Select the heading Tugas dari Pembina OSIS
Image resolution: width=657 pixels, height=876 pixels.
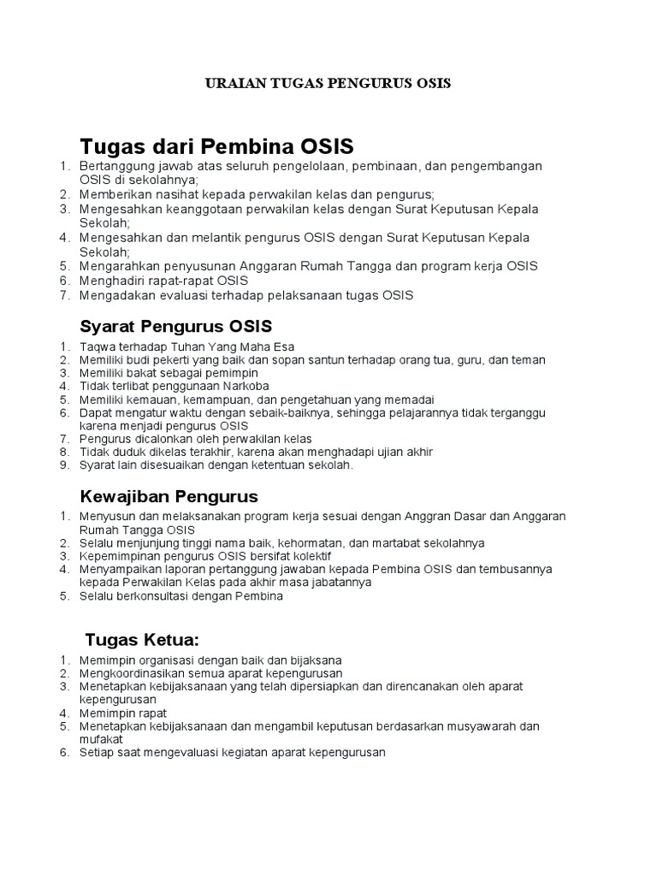tap(216, 145)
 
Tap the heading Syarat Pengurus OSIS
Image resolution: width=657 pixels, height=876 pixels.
tap(175, 326)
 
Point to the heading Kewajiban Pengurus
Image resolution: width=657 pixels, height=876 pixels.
tap(169, 496)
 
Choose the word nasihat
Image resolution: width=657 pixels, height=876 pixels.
tap(169, 194)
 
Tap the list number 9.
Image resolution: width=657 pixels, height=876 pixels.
tap(63, 465)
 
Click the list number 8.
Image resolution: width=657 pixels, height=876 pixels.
tap(63, 452)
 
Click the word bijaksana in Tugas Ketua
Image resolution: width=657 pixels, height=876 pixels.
tap(314, 660)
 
